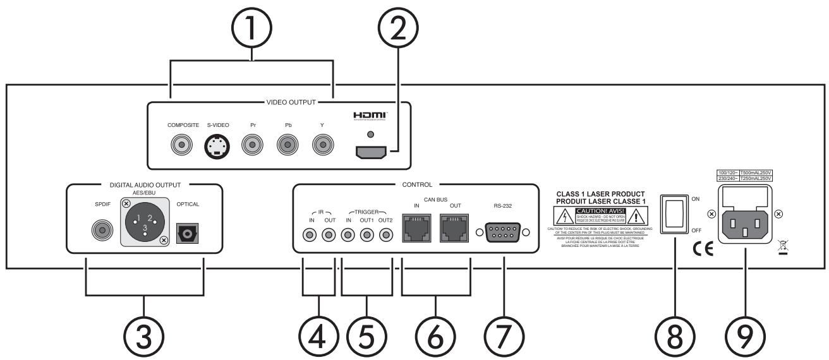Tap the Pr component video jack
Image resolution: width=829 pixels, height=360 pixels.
(253, 147)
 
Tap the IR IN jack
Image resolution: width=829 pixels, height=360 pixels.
(310, 235)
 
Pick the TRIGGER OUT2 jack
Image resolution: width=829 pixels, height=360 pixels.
(384, 235)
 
